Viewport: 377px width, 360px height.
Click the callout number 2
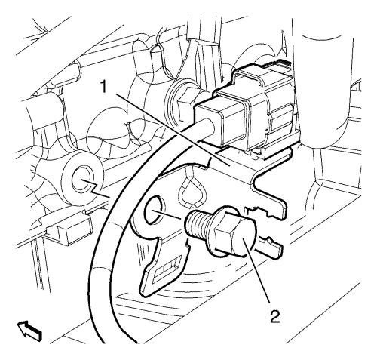pos(274,316)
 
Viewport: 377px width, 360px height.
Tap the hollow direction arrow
pos(29,331)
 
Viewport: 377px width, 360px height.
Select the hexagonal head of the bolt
pos(235,233)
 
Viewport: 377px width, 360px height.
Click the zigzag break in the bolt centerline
pos(93,188)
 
